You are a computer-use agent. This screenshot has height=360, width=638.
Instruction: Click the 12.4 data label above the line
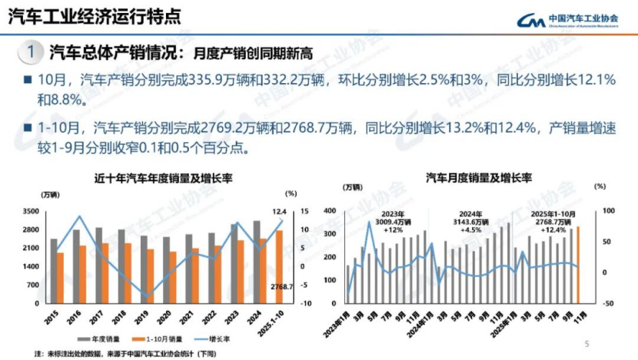coord(278,212)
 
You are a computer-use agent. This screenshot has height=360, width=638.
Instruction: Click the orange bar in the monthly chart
coord(578,265)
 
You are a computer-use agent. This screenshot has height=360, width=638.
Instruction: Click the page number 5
coord(586,344)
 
